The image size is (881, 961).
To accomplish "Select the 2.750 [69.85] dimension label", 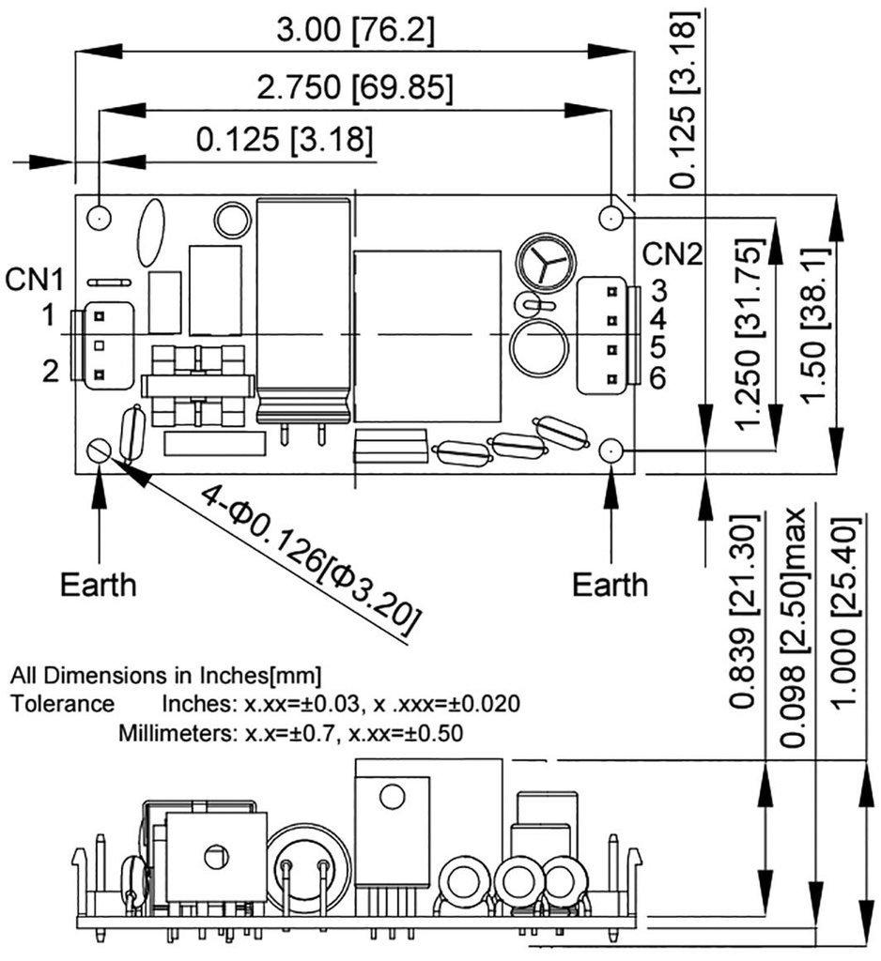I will [x=355, y=87].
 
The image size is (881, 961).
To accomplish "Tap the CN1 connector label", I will [x=34, y=280].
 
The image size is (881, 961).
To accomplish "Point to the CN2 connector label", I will [x=672, y=254].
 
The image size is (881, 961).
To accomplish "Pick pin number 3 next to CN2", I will [x=659, y=288].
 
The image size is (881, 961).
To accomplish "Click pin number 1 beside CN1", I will [x=47, y=316].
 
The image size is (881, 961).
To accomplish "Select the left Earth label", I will [x=98, y=585].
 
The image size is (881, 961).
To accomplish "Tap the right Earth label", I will [x=611, y=585].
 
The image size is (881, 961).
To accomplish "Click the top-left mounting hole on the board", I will [x=99, y=218].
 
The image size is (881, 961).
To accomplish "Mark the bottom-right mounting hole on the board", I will [x=611, y=451].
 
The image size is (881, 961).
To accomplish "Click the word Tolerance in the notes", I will [x=62, y=704].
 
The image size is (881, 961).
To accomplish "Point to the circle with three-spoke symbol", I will [x=541, y=261].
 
